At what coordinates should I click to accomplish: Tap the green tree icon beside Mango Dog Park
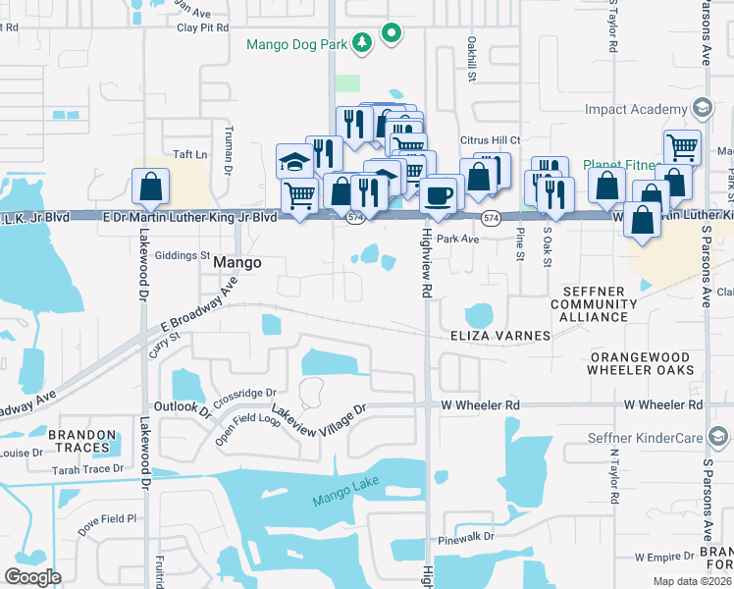click(x=363, y=41)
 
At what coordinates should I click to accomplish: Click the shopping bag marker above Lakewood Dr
click(x=150, y=186)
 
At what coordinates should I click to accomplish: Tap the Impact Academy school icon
click(x=701, y=108)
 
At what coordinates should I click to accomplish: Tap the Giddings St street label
click(x=185, y=255)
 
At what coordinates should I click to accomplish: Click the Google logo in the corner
click(x=32, y=577)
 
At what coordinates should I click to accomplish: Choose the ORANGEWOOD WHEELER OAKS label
click(x=642, y=363)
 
